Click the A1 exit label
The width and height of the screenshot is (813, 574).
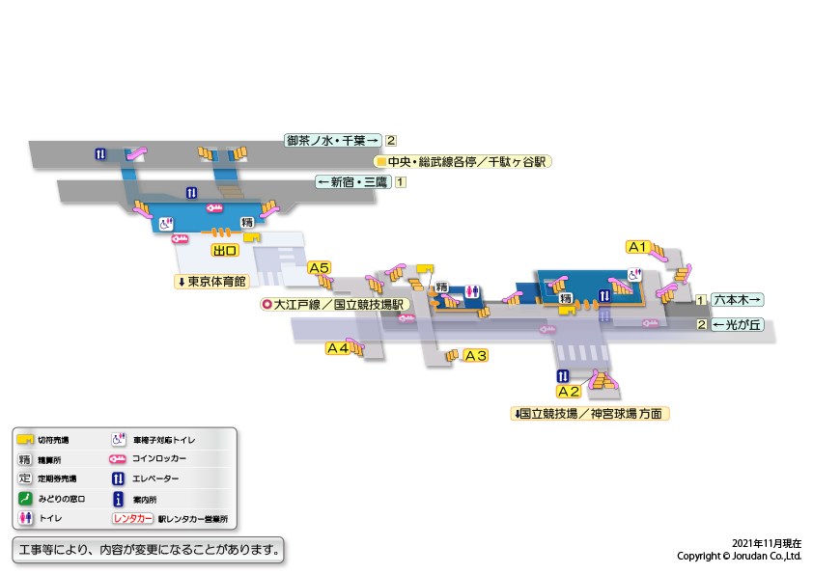(637, 246)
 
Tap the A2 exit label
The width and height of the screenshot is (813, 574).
(569, 392)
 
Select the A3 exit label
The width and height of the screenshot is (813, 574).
(476, 355)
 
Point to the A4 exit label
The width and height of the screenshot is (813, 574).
(337, 348)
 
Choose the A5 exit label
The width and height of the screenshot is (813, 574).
(319, 267)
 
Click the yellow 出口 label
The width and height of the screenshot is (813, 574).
(226, 250)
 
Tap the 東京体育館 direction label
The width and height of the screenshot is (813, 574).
(211, 282)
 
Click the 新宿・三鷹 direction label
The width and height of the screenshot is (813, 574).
(353, 181)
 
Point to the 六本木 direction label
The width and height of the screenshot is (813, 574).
(738, 300)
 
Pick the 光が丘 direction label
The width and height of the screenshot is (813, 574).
(738, 324)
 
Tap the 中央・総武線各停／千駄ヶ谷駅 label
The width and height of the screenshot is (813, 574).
(463, 162)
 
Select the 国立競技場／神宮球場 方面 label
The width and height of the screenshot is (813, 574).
(591, 413)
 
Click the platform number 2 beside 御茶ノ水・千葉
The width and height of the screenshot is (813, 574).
(391, 140)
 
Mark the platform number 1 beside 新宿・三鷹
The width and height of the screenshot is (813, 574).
(401, 181)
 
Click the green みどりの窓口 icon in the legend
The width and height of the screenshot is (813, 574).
(26, 499)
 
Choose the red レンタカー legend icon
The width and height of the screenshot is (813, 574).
(133, 519)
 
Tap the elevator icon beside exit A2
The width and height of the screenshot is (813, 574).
(562, 375)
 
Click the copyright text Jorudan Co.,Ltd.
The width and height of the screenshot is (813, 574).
(739, 557)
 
